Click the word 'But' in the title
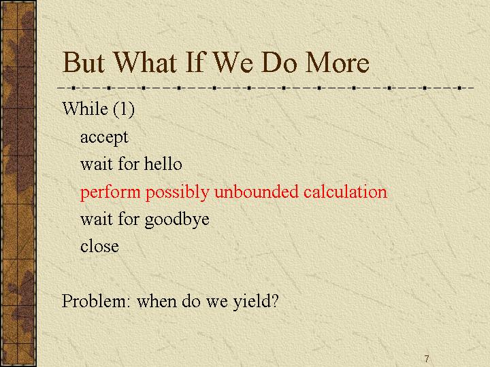coord(84,63)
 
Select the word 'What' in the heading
coord(145,63)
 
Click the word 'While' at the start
coord(85,109)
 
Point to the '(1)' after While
coord(124,109)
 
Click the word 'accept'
coord(104,137)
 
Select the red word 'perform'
coord(110,192)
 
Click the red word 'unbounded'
coord(257,191)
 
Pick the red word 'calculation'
coord(345,191)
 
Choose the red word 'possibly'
coord(177,192)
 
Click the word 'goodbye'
coord(176,220)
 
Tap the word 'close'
coord(99,246)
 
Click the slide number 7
coord(427,359)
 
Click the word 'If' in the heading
coord(195,63)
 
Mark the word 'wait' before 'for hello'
coord(96,164)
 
